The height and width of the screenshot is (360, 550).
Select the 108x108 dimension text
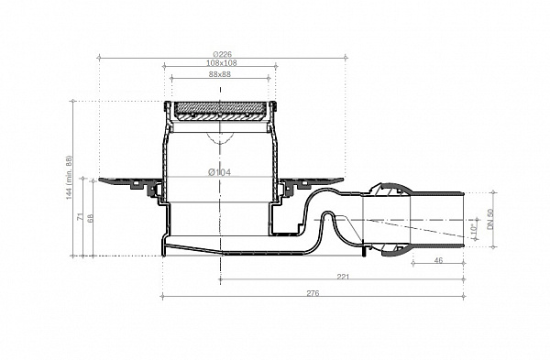point(220,63)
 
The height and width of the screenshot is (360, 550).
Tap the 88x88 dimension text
point(220,74)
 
